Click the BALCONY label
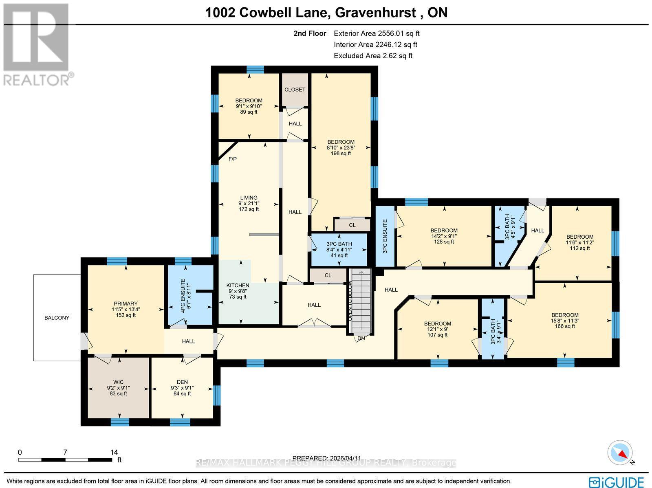click(x=57, y=318)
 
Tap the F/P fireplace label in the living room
click(x=232, y=159)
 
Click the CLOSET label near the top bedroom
click(x=295, y=90)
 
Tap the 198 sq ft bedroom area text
click(x=341, y=154)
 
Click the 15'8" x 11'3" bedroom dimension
click(x=565, y=321)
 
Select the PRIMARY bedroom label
click(x=126, y=303)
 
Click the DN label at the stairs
click(x=361, y=338)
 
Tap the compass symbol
click(x=620, y=453)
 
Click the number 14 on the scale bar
click(x=114, y=452)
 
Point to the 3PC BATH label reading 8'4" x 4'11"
click(x=339, y=244)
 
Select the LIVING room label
click(x=249, y=198)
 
